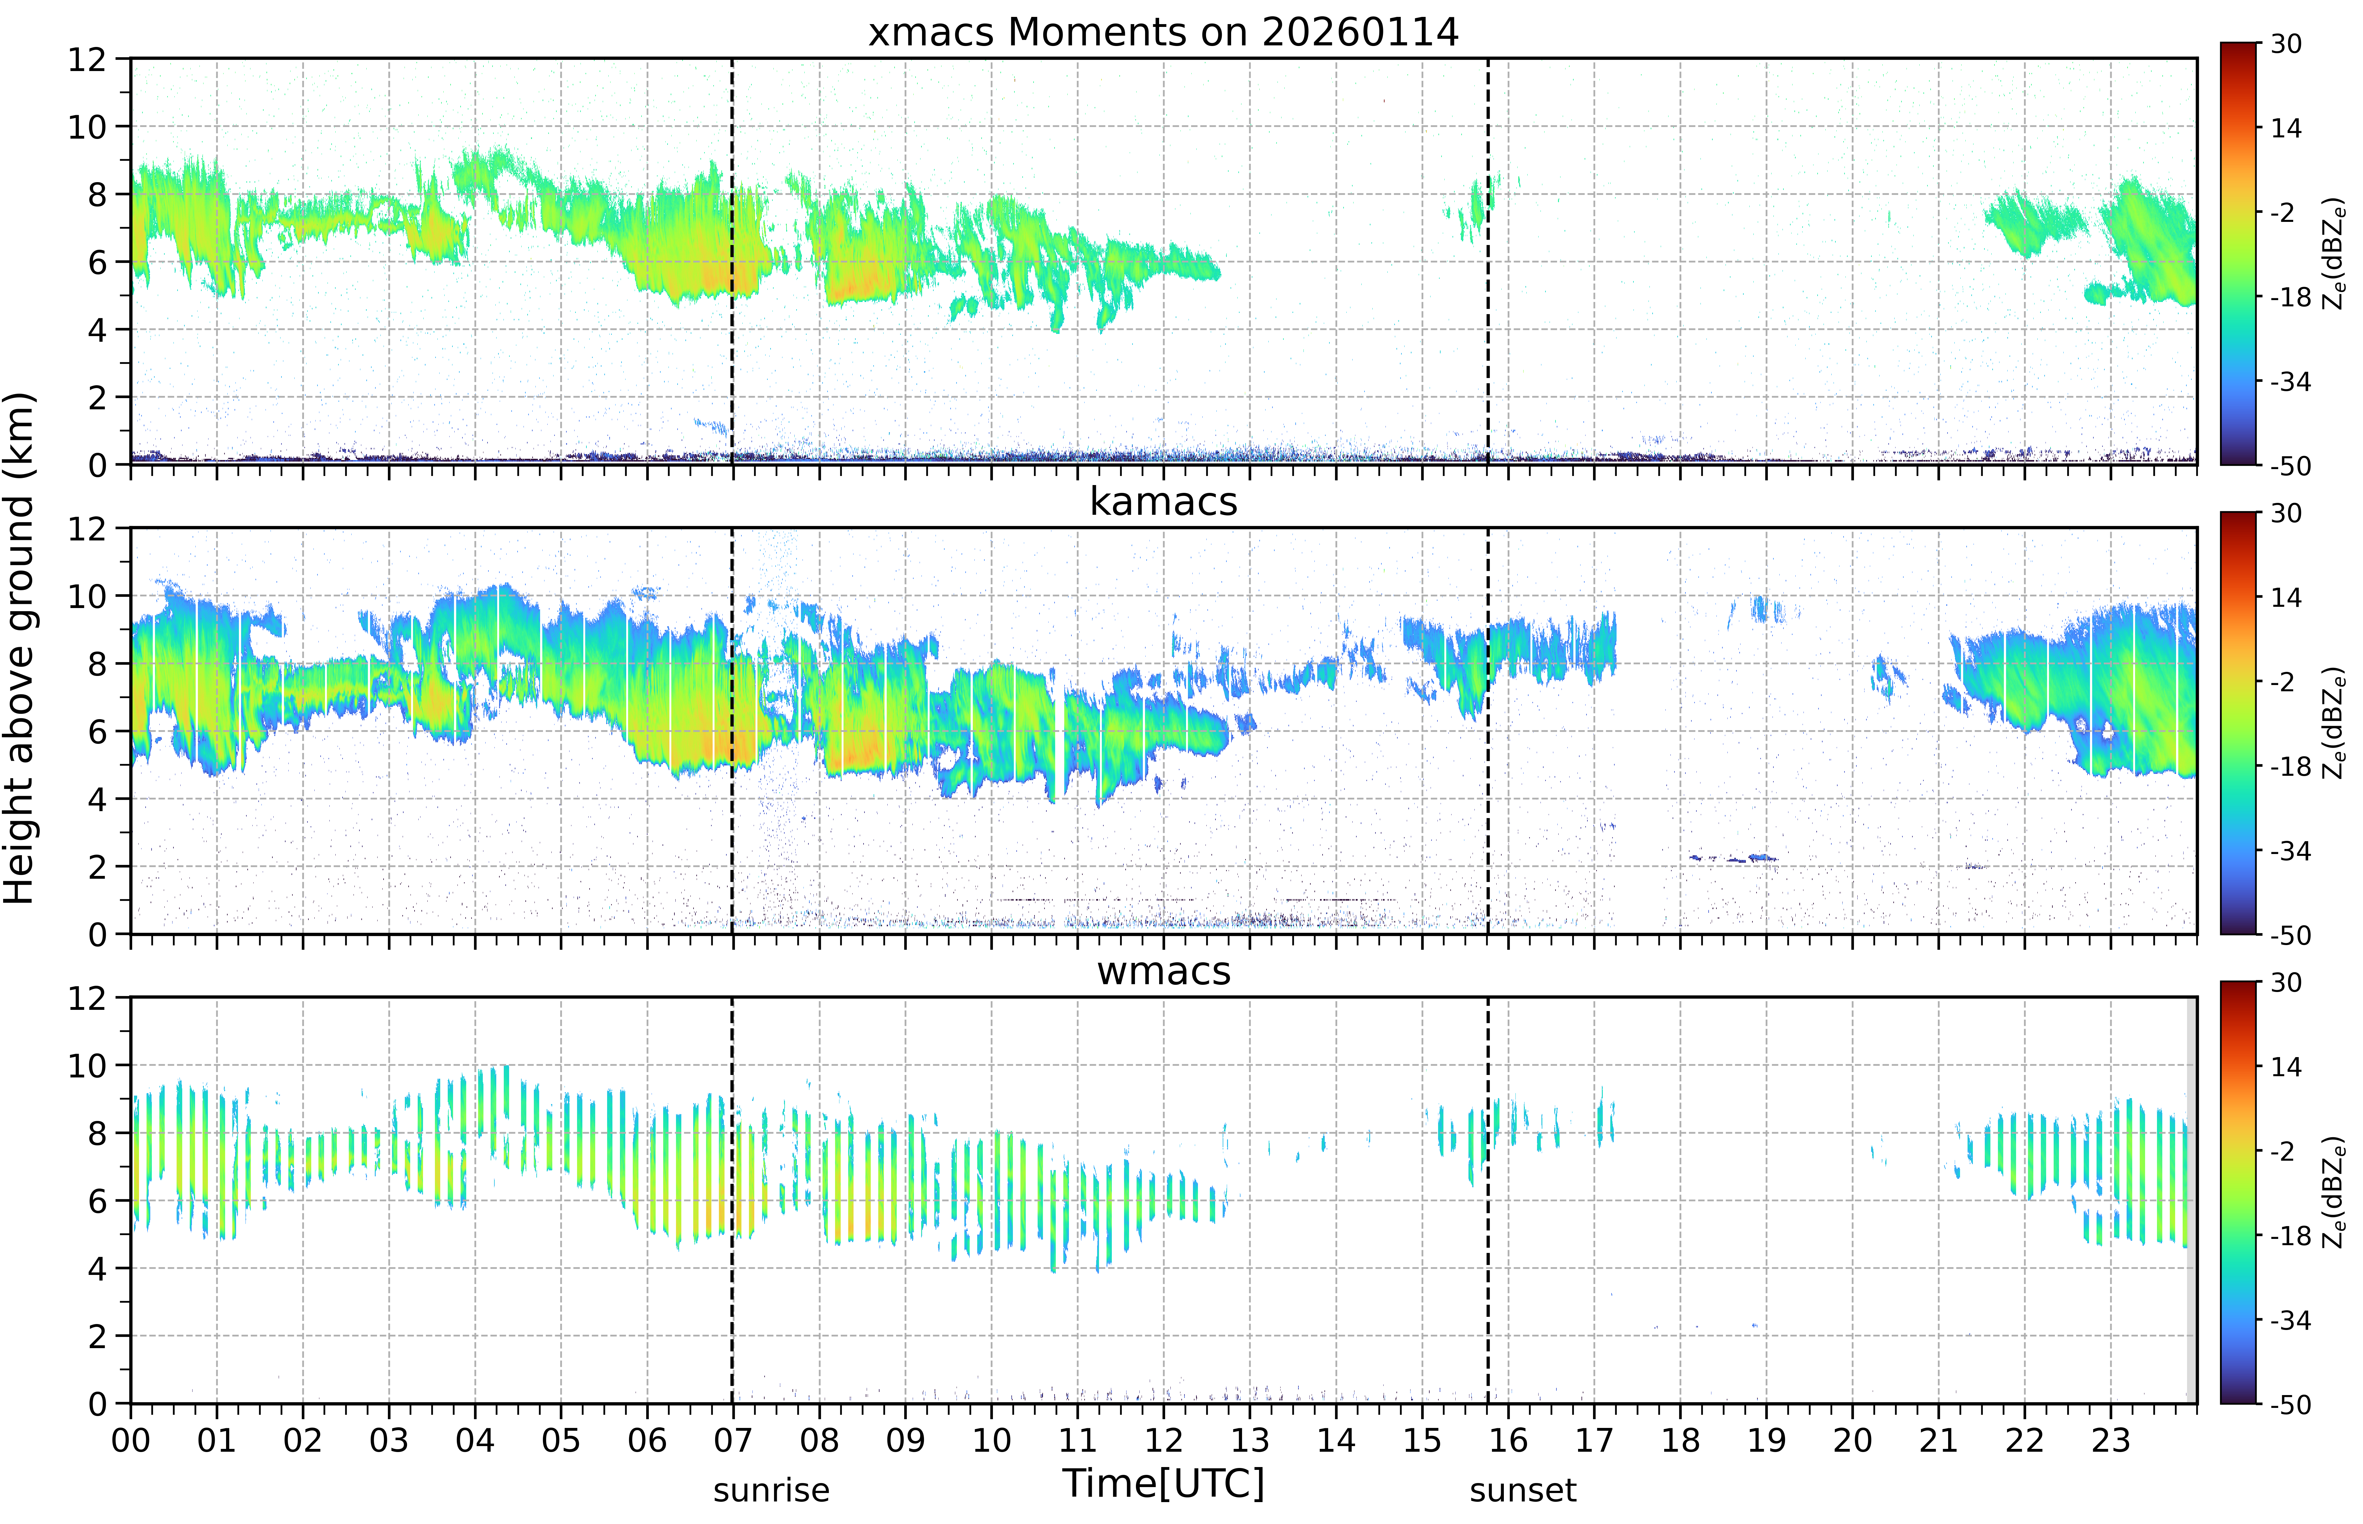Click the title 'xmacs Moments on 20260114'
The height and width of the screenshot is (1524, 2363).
pyautogui.click(x=1163, y=33)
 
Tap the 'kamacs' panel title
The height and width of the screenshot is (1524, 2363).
pyautogui.click(x=1163, y=502)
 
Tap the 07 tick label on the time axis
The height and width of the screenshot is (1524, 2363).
pyautogui.click(x=733, y=1440)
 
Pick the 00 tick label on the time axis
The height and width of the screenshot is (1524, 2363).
pyautogui.click(x=131, y=1440)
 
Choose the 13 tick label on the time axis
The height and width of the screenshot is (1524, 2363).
pyautogui.click(x=1249, y=1440)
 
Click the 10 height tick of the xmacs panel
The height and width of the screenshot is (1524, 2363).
pyautogui.click(x=87, y=127)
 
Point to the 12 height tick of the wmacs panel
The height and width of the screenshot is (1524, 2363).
pyautogui.click(x=87, y=998)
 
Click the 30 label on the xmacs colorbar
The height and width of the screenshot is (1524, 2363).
pyautogui.click(x=2286, y=44)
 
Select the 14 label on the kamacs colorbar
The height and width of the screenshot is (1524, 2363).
pyautogui.click(x=2286, y=598)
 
